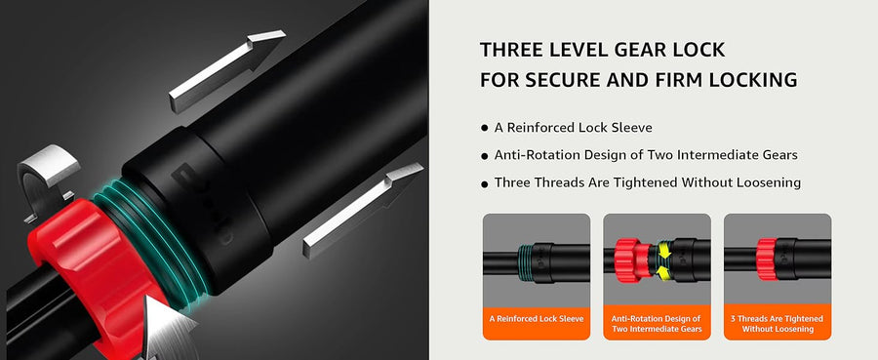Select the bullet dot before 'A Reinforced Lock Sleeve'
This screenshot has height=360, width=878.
(x=484, y=128)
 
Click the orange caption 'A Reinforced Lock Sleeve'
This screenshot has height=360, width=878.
(x=537, y=319)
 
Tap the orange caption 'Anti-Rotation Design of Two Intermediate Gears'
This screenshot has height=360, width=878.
(x=657, y=324)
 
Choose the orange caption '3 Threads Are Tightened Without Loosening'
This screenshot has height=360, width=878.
(x=778, y=324)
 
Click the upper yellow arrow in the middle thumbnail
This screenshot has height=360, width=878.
(x=665, y=249)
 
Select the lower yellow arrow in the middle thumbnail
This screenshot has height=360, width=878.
(x=665, y=272)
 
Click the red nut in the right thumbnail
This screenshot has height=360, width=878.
(x=766, y=260)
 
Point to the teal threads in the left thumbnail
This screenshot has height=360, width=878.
(x=524, y=261)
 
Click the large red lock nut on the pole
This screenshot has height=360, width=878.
(x=90, y=263)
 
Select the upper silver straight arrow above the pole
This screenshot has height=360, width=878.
(x=226, y=71)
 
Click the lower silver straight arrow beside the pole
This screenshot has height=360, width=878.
(x=363, y=211)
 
